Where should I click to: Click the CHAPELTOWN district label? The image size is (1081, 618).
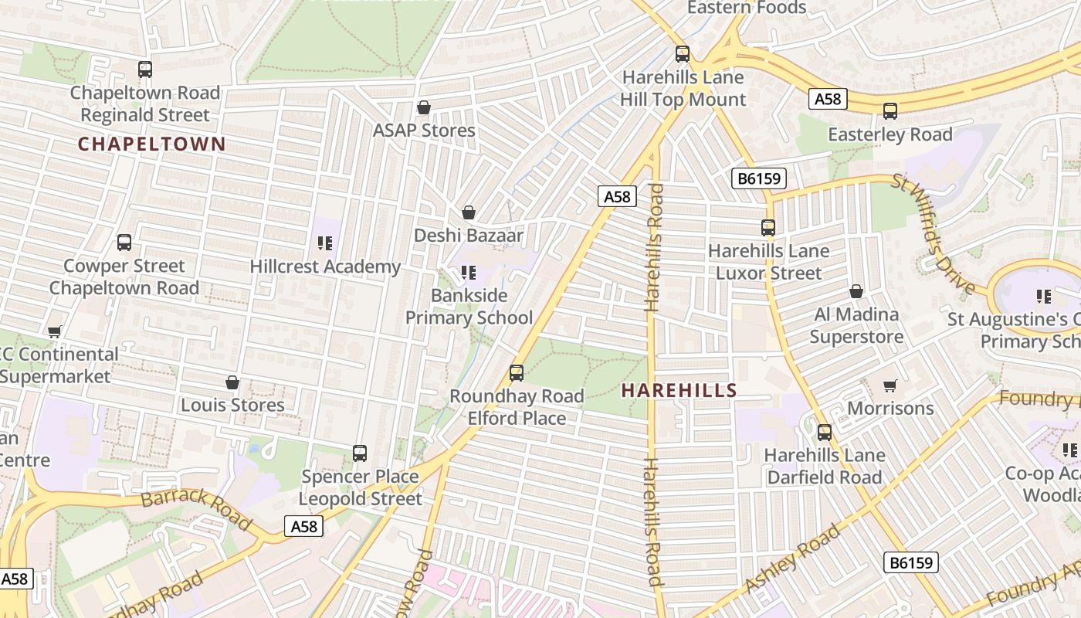[151, 144]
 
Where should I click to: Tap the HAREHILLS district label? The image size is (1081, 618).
[679, 390]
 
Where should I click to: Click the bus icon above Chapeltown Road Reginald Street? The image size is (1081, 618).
[145, 70]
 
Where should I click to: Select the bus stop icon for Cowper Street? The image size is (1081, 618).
[124, 243]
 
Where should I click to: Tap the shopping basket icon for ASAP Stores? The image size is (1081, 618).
[423, 107]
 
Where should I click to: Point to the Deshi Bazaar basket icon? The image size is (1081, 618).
[469, 212]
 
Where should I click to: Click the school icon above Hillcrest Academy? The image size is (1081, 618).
[325, 244]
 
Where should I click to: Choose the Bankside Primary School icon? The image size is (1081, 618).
[469, 273]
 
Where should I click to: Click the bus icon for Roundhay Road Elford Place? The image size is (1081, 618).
[517, 373]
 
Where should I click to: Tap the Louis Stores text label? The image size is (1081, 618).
[232, 405]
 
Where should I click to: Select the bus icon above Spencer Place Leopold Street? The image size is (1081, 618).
[360, 453]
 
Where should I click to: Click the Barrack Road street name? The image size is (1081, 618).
[196, 508]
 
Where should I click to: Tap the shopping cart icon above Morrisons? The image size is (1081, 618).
[890, 385]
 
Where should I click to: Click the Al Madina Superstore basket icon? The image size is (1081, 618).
[856, 291]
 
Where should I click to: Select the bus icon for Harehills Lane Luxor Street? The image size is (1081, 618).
[768, 228]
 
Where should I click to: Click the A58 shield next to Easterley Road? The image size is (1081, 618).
[829, 99]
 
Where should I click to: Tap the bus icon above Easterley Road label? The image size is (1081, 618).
[890, 111]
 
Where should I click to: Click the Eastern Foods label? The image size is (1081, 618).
[746, 8]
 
